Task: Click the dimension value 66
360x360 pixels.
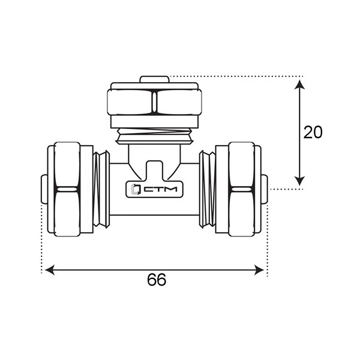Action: click(157, 280)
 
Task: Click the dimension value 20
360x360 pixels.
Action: click(313, 132)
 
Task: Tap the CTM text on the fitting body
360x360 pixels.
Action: click(160, 190)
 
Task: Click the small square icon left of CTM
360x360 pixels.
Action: click(136, 190)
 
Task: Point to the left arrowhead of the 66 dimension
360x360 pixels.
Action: click(50, 270)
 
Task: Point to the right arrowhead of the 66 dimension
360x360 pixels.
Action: click(259, 270)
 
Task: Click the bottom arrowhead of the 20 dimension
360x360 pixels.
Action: click(299, 181)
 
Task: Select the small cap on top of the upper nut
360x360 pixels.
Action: click(155, 79)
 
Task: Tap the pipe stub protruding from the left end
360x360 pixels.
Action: click(44, 189)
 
